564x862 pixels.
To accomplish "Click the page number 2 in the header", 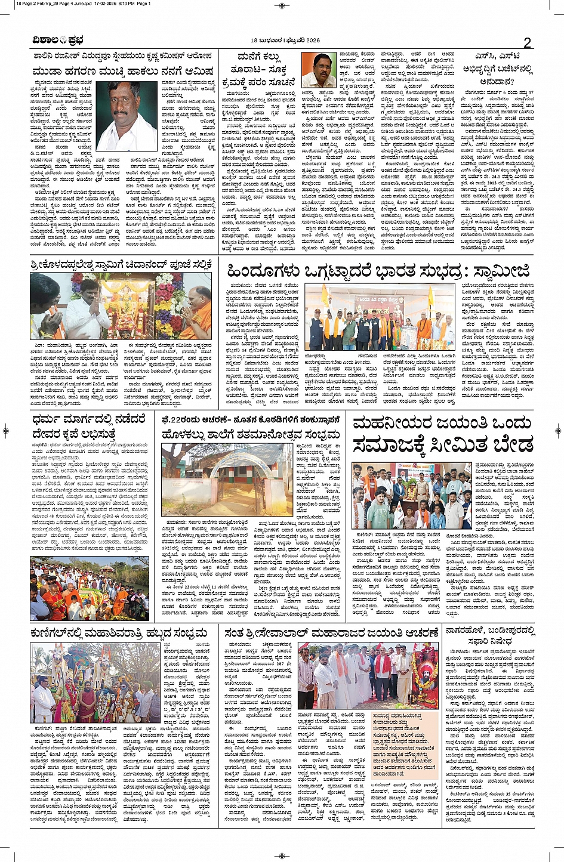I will coord(527,42).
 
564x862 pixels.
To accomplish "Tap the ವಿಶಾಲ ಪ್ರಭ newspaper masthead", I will coord(58,41).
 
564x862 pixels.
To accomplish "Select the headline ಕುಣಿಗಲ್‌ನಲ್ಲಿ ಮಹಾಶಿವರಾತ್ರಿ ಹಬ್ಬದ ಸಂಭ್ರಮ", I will coord(123,632).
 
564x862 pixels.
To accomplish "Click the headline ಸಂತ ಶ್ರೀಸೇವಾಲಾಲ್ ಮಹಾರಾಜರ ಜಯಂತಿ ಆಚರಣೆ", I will coord(332,632).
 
